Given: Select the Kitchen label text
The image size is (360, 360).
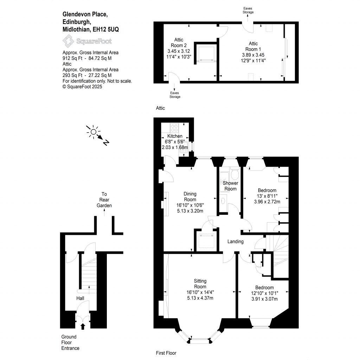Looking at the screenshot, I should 175,136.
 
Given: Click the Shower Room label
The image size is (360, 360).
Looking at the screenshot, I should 231,186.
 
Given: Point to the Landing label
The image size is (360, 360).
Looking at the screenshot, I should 236,242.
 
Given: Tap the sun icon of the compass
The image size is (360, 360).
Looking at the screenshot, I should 93,132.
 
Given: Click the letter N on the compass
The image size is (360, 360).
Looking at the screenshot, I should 106,142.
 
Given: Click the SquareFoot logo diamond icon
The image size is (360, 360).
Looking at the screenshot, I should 68,41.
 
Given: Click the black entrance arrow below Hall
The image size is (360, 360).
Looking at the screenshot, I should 83,326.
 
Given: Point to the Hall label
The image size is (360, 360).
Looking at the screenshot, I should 80,298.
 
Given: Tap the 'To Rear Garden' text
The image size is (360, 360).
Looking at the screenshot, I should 104,200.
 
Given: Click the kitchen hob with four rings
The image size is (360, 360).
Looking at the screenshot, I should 174,127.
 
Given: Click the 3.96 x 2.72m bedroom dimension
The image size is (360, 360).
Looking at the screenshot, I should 266,202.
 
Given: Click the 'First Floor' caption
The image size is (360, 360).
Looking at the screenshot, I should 166,353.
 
